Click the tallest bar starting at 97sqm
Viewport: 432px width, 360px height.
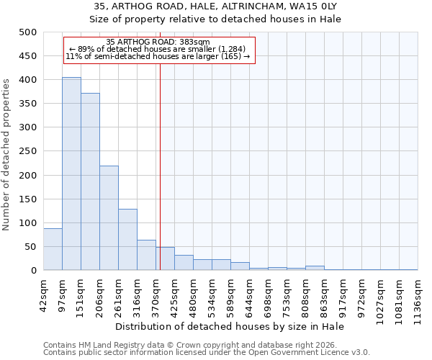coord(71,174)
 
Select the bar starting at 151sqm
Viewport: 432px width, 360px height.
coord(90,181)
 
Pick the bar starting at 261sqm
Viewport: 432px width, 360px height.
coord(127,240)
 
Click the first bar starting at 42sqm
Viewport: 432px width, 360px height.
coord(53,249)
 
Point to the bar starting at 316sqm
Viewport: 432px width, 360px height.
coord(146,255)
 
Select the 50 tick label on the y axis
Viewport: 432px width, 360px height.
coord(30,247)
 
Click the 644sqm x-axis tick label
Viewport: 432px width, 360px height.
coord(249,295)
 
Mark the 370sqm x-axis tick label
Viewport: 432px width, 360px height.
coord(156,295)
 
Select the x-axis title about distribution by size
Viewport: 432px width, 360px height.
coord(230,327)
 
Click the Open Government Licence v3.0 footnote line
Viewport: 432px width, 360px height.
coord(207,352)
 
